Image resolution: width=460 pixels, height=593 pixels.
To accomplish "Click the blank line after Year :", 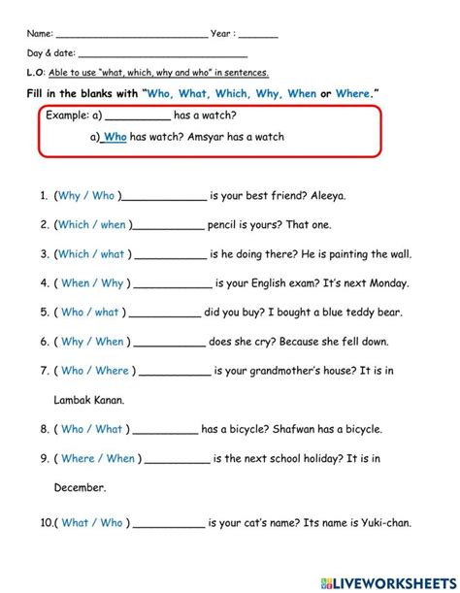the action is pyautogui.click(x=258, y=35).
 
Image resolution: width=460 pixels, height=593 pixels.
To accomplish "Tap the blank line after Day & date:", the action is pyautogui.click(x=162, y=56).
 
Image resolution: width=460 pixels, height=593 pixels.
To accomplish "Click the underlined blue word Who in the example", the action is pyautogui.click(x=115, y=138).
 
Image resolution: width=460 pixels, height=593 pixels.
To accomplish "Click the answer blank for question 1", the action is pyautogui.click(x=165, y=197).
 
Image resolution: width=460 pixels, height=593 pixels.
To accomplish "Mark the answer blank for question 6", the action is pyautogui.click(x=167, y=344).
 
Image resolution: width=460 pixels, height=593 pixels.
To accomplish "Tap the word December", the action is pyautogui.click(x=79, y=487).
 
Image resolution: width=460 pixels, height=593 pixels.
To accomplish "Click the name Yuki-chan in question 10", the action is pyautogui.click(x=381, y=522).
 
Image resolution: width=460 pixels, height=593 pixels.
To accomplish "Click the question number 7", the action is pyautogui.click(x=45, y=371).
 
